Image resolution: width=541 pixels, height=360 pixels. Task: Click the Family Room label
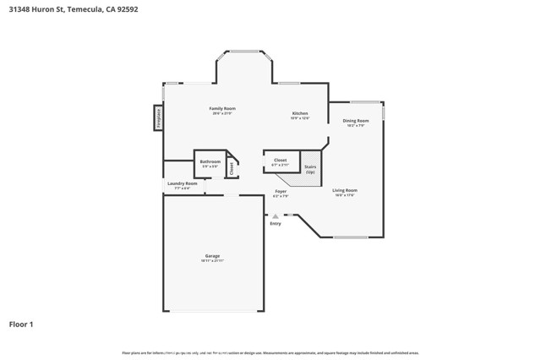tap(222, 109)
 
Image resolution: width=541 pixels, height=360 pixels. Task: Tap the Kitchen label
tap(300, 113)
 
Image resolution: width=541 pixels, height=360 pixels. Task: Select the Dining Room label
tap(355, 121)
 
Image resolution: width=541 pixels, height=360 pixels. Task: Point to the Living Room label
tap(344, 190)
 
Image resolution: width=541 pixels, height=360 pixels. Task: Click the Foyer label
tap(281, 192)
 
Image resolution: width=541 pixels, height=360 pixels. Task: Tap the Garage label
tap(211, 256)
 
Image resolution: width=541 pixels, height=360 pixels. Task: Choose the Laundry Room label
tap(182, 183)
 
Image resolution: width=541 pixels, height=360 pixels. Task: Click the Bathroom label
tap(210, 161)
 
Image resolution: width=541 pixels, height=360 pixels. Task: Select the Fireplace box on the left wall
tap(157, 118)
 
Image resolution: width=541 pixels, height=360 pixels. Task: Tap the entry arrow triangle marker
tap(276, 216)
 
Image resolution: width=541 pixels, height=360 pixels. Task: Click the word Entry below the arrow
tap(276, 224)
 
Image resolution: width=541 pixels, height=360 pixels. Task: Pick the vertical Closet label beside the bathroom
tap(232, 167)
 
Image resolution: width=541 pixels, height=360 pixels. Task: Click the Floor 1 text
tap(22, 324)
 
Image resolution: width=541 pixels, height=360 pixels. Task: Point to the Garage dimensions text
tap(211, 261)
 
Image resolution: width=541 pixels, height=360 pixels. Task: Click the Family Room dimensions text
tap(222, 114)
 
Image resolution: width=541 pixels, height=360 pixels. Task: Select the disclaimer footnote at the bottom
tap(270, 352)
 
